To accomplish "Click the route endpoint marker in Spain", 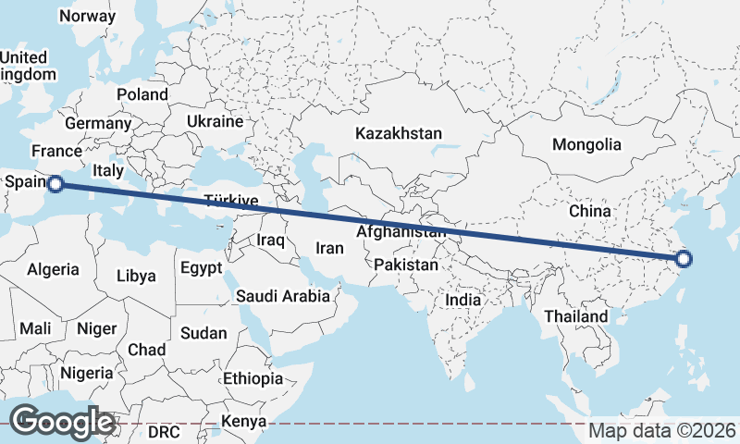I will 55,184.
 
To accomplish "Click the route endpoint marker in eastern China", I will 684,260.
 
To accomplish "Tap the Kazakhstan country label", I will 399,133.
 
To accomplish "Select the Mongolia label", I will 586,144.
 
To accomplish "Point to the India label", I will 462,300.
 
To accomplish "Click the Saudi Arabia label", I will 283,296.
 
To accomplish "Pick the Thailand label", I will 576,316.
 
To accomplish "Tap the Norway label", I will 87,16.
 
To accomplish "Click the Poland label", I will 142,94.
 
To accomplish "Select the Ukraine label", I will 215,121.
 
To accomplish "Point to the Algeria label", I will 53,270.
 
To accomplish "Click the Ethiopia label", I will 253,378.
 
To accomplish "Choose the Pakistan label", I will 406,265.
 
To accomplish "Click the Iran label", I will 329,248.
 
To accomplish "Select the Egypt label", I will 202,269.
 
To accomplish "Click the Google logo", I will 62,422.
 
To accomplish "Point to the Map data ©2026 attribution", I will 662,431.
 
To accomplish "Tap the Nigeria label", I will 87,373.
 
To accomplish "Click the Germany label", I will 98,123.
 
